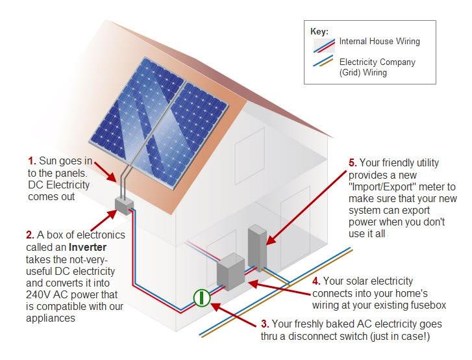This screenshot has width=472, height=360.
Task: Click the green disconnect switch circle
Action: pyautogui.click(x=203, y=298)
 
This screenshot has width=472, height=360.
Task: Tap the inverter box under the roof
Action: pyautogui.click(x=123, y=205)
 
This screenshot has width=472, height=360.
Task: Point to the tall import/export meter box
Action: pyautogui.click(x=257, y=248)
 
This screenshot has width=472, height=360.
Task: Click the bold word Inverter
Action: pyautogui.click(x=88, y=246)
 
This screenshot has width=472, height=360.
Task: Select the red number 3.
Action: pyautogui.click(x=264, y=324)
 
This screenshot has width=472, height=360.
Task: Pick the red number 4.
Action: pyautogui.click(x=316, y=281)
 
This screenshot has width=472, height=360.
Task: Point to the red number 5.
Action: pyautogui.click(x=353, y=162)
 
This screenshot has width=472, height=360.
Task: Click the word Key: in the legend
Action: pyautogui.click(x=320, y=31)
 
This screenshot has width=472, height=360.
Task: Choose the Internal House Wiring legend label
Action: pyautogui.click(x=379, y=42)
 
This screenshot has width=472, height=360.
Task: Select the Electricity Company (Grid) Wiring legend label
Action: pyautogui.click(x=377, y=68)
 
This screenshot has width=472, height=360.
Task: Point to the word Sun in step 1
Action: pyautogui.click(x=48, y=161)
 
